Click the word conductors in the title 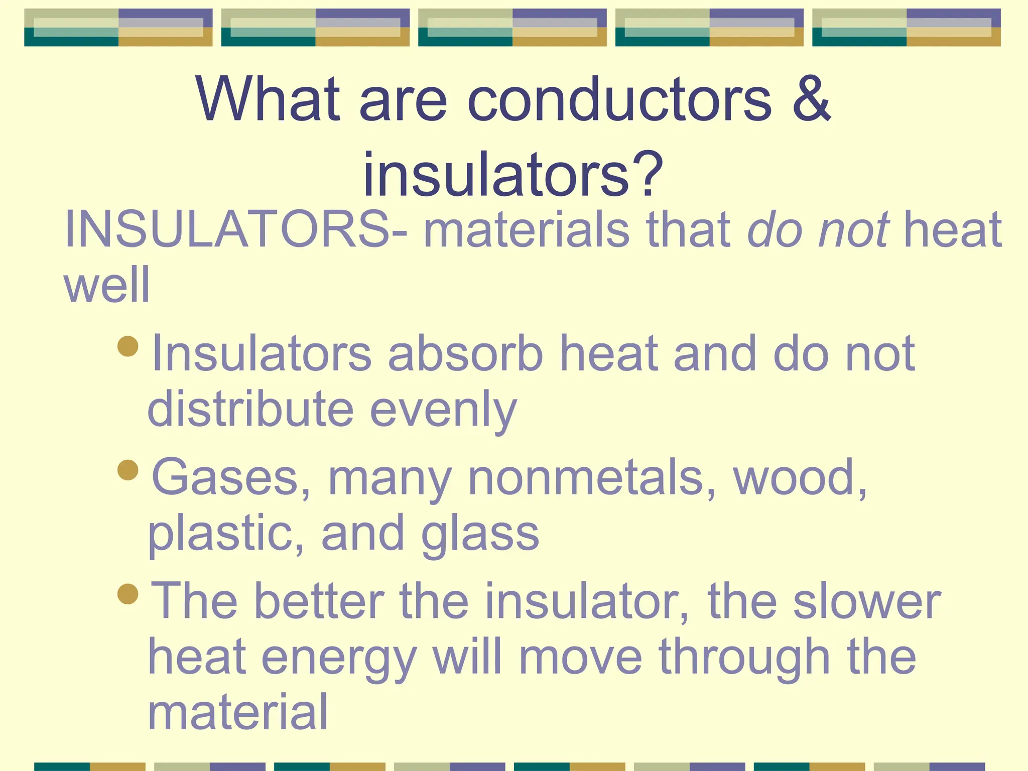619,99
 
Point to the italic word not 854,229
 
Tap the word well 107,285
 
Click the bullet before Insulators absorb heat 128,346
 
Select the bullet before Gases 128,470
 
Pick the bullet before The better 128,594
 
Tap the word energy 339,658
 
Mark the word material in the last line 238,712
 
